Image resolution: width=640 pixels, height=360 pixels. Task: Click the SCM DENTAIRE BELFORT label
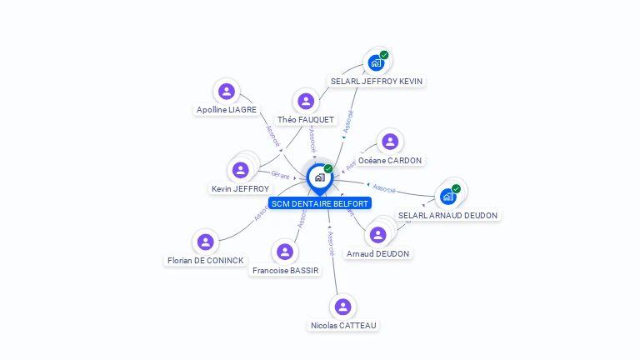319,203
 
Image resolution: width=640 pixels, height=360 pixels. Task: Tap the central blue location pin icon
319,177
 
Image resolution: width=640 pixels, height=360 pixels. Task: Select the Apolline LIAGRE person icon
226,91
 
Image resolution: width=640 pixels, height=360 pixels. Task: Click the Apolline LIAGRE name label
226,109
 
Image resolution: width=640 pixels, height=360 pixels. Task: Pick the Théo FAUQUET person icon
306,101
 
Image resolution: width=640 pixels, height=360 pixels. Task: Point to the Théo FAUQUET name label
306,120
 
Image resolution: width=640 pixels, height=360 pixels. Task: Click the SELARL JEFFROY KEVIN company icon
376,62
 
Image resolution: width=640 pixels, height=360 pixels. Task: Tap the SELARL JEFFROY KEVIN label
376,82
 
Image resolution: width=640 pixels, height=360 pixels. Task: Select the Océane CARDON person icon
390,142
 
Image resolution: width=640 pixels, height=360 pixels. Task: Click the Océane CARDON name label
390,160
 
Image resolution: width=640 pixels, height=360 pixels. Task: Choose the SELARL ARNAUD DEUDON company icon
448,197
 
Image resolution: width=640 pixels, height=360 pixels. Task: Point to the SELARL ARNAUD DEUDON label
447,215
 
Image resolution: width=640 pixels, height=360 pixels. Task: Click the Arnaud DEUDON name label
378,253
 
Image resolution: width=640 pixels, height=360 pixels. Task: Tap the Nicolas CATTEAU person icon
342,307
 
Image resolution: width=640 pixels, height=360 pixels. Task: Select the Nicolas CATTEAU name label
343,325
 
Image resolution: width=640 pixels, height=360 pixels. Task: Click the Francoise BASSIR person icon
285,252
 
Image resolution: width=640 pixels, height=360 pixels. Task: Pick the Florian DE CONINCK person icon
205,242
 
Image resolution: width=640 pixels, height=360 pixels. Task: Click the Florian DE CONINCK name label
205,260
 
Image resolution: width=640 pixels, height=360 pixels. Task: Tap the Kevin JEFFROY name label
240,189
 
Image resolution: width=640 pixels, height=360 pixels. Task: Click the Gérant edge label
280,174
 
